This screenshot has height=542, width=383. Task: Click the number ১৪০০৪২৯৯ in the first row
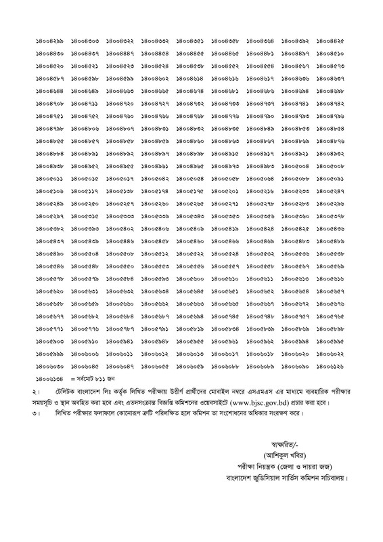(49, 42)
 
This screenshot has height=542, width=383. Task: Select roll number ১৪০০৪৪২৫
(331, 42)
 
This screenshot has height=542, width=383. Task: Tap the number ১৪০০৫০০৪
(296, 165)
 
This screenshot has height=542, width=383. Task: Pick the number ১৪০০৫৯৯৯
(49, 354)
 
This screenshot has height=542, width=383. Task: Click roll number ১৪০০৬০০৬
(85, 354)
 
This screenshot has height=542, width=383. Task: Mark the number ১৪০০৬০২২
(331, 354)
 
